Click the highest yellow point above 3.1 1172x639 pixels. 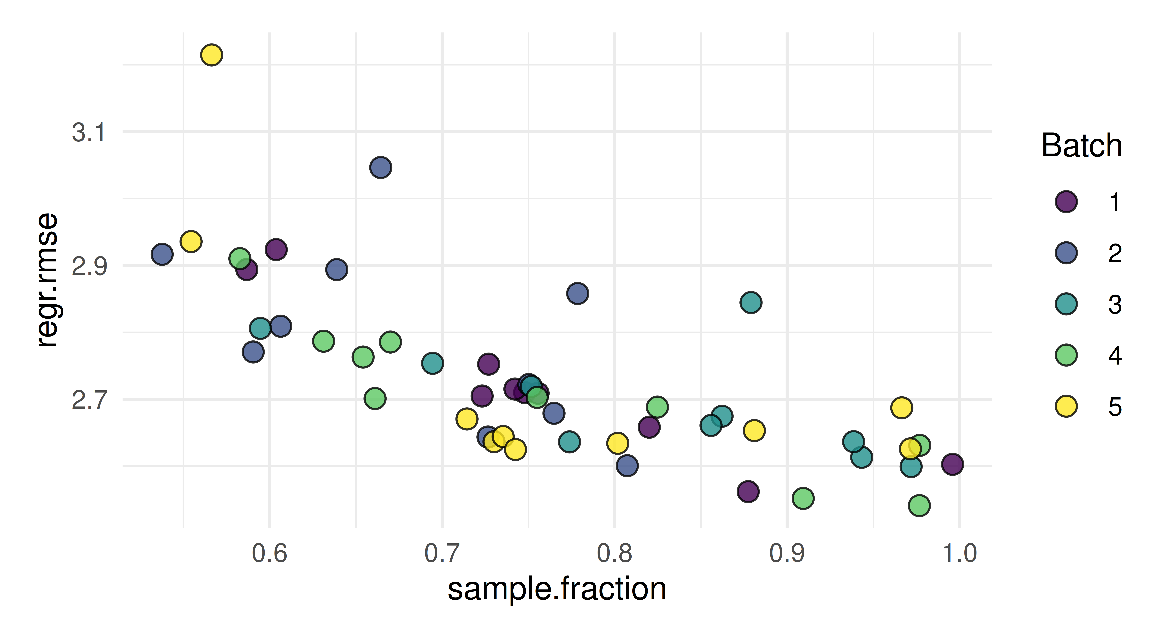211,55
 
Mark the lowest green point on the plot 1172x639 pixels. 919,505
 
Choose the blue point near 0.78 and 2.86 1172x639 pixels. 577,293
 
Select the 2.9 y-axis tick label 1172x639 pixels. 89,266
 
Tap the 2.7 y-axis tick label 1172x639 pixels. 89,400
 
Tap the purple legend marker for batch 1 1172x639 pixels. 1066,201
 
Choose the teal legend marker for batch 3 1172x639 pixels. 1066,304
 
